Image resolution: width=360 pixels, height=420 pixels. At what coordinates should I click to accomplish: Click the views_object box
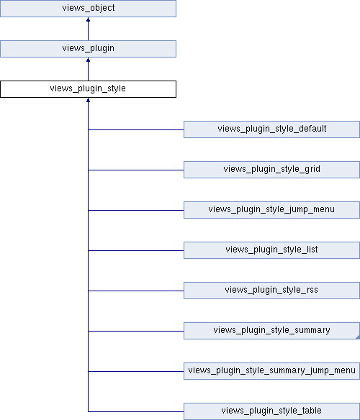click(88, 9)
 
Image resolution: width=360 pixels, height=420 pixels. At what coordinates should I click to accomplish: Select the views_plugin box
click(88, 49)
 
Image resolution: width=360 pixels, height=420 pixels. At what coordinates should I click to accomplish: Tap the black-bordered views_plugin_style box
click(88, 89)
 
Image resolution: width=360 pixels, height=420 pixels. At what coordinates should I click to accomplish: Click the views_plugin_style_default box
click(271, 129)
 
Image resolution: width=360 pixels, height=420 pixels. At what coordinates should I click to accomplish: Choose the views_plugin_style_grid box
click(271, 170)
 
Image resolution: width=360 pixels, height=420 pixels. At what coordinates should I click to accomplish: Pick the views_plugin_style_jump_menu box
click(271, 210)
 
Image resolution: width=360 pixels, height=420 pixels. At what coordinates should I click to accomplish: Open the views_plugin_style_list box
click(271, 250)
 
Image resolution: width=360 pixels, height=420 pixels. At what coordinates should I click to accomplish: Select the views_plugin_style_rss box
click(271, 291)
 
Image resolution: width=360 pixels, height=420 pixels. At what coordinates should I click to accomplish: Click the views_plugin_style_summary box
click(271, 331)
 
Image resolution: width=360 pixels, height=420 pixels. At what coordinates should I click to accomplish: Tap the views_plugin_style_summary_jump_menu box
click(271, 371)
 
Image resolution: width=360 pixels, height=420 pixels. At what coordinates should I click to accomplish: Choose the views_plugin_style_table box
click(271, 411)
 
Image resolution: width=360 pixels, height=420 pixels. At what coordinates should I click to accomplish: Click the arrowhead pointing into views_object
click(88, 19)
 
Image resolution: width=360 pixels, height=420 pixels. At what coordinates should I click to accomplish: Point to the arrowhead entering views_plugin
click(88, 60)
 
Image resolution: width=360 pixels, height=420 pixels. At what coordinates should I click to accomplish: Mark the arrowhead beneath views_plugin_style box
click(88, 100)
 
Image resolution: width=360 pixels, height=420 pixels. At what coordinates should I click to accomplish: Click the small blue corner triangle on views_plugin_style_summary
click(358, 337)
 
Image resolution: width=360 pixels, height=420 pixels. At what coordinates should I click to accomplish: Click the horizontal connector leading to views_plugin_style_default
click(136, 129)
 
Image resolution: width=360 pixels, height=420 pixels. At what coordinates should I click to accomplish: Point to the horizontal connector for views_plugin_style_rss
click(136, 291)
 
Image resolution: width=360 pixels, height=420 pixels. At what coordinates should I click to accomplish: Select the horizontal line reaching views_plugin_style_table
click(136, 411)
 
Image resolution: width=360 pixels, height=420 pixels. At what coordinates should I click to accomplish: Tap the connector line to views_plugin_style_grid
click(136, 170)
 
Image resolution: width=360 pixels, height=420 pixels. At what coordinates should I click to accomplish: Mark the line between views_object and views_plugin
click(88, 29)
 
